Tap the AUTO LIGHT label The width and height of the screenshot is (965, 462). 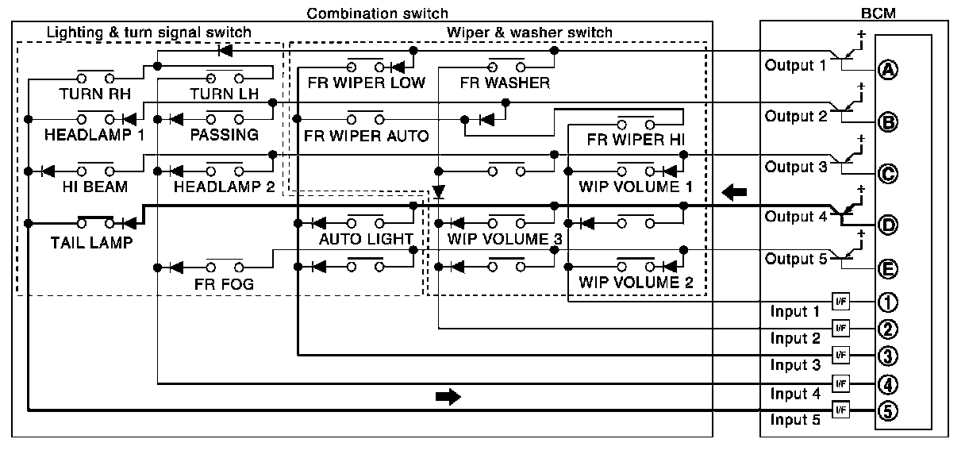coord(366,238)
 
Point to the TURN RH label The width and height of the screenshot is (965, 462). coord(94,93)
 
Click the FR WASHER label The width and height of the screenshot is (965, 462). coord(504,83)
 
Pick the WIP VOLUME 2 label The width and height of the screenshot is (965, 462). coord(636,283)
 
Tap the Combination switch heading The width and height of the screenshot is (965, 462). coord(377,13)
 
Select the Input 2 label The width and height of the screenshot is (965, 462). coord(795,339)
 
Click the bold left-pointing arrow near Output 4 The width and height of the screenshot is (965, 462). coord(735,192)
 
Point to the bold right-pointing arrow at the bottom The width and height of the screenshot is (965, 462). coord(448,398)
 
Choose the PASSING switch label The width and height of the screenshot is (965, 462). coord(224,134)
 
